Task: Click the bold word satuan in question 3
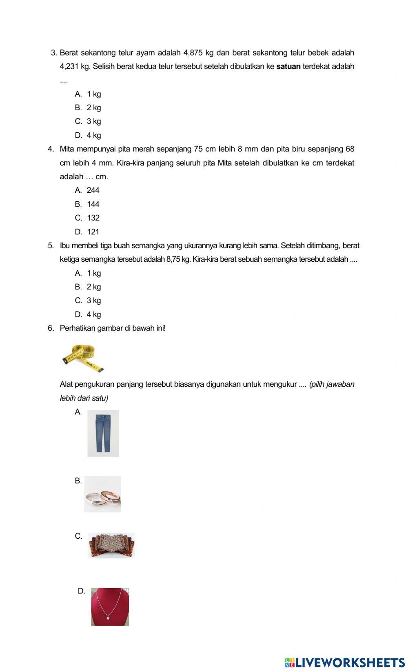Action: click(288, 67)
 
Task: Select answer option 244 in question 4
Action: click(93, 190)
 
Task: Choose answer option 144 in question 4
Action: click(93, 204)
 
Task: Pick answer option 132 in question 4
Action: click(93, 218)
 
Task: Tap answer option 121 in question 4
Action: click(93, 232)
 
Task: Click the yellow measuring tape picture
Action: click(84, 358)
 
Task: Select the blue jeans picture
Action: click(103, 433)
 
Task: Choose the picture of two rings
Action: click(103, 494)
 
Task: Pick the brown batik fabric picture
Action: click(111, 545)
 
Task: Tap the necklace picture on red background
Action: click(110, 607)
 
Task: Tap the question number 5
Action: click(51, 246)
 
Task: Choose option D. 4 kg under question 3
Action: click(88, 135)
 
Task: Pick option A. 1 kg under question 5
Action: click(88, 273)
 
